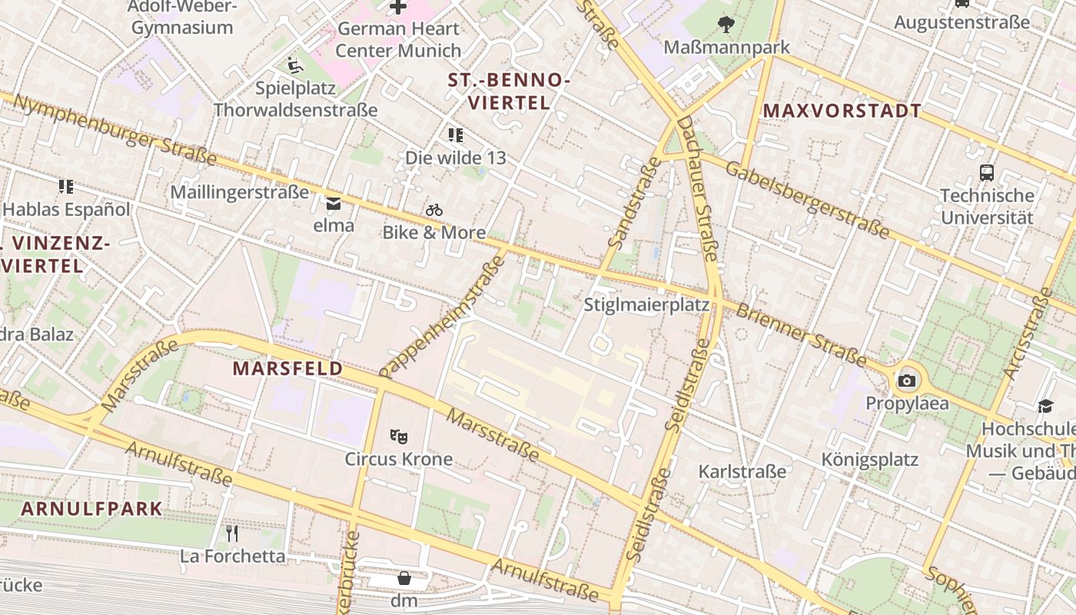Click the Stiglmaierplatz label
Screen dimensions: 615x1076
click(x=646, y=304)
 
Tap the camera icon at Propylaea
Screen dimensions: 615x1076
click(x=907, y=381)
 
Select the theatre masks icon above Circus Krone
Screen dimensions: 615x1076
click(x=397, y=437)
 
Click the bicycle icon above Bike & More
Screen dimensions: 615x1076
click(x=434, y=209)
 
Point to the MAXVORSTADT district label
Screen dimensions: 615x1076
click(x=842, y=111)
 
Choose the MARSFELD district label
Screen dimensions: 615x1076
click(x=287, y=369)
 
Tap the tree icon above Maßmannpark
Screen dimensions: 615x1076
click(x=726, y=25)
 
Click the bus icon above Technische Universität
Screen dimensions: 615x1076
click(x=987, y=173)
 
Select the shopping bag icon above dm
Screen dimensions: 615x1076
click(x=404, y=578)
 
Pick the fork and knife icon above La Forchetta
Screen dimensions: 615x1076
click(x=232, y=533)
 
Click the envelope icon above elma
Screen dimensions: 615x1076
click(x=334, y=204)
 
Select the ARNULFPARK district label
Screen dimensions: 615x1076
click(x=91, y=508)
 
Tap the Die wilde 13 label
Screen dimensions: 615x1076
click(x=456, y=158)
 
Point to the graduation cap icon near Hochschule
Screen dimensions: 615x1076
click(x=1045, y=406)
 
